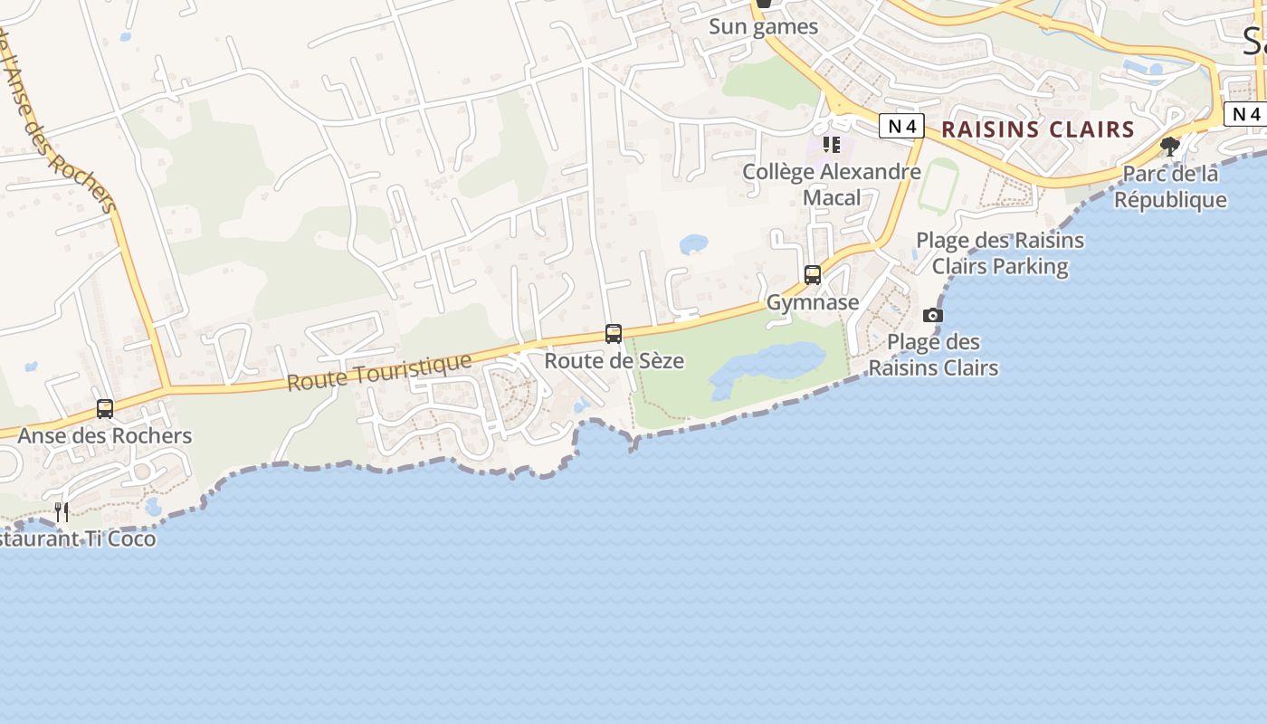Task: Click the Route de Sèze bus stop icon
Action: point(614,334)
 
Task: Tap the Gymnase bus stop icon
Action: point(813,275)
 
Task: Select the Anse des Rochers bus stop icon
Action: point(105,409)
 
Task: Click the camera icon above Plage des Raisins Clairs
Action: point(933,316)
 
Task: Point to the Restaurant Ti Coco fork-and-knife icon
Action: point(62,512)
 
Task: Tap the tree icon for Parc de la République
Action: point(1170,146)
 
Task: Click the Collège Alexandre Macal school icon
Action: point(832,145)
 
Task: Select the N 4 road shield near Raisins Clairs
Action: point(901,127)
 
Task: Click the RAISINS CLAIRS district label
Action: point(1038,129)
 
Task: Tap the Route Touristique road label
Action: point(379,372)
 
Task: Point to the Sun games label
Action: point(763,27)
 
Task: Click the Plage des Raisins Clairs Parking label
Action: point(1000,253)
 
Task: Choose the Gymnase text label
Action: point(813,302)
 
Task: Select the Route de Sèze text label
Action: point(614,361)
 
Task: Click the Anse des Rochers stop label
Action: point(105,436)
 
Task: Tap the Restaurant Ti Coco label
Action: point(78,539)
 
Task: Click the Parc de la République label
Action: point(1170,186)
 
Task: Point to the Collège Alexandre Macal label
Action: point(832,184)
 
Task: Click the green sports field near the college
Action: point(938,186)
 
